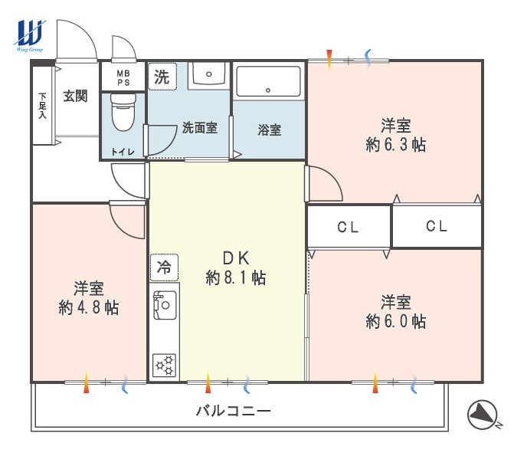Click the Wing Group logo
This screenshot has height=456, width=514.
(29, 35)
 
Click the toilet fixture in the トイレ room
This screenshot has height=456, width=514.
(123, 112)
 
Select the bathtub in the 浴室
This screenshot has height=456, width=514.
(268, 81)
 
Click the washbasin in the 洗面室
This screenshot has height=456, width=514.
(209, 75)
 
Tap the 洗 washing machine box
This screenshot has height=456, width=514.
(162, 77)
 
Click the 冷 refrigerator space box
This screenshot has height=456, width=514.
(164, 267)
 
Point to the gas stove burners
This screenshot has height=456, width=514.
(165, 365)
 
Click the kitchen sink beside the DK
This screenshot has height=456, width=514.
(165, 305)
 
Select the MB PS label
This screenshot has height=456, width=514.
(123, 78)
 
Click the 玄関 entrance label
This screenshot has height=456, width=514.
(75, 96)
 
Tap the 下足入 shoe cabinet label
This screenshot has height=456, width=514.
(43, 106)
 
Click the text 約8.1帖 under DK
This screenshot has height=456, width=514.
(236, 278)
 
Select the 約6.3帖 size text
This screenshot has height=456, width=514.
(396, 144)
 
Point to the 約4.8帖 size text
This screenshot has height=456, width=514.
(89, 307)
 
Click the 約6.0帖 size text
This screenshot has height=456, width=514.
(396, 321)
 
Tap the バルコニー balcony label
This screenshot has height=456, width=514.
(234, 411)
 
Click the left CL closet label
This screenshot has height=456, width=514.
(348, 227)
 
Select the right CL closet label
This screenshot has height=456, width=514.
(437, 226)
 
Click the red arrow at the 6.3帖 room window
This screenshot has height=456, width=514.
(330, 60)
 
